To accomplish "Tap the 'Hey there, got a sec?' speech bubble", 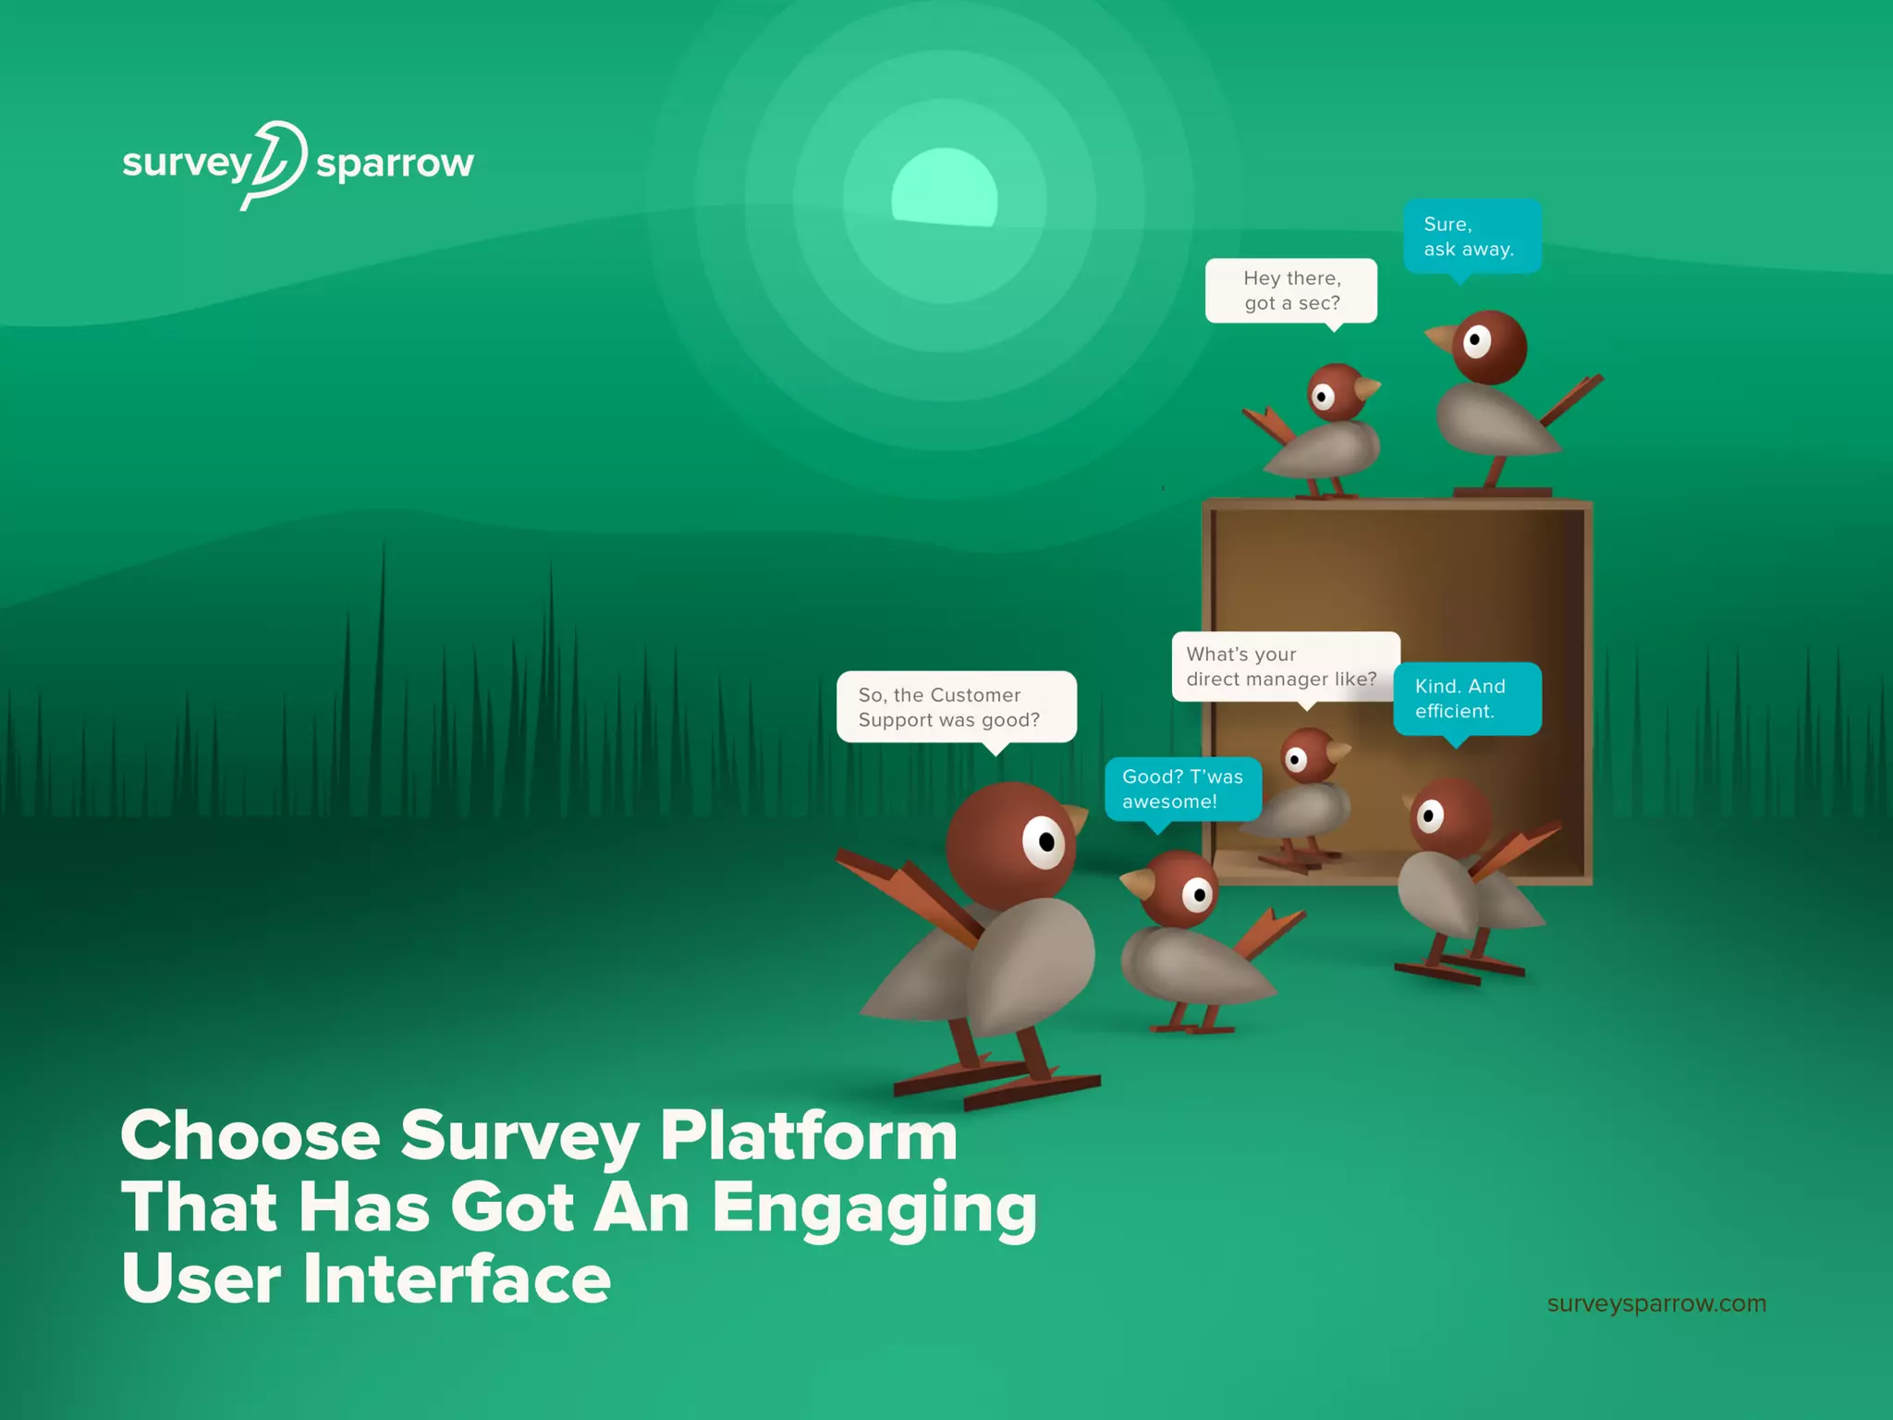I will [x=1290, y=290].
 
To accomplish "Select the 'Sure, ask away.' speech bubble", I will [x=1471, y=237].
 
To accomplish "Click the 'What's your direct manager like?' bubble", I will [x=1284, y=667].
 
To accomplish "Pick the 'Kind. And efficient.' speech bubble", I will [x=1466, y=699].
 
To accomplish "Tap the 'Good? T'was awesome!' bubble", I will [x=1182, y=789].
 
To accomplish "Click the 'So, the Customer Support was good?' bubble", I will [x=956, y=707].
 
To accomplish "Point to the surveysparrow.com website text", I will [x=1655, y=1304].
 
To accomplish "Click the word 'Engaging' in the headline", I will [x=874, y=1209].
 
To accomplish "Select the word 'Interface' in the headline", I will [x=456, y=1279].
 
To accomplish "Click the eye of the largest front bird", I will [x=1044, y=841].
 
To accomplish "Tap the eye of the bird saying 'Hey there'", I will [x=1323, y=398].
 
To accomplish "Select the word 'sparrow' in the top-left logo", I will [x=395, y=165].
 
